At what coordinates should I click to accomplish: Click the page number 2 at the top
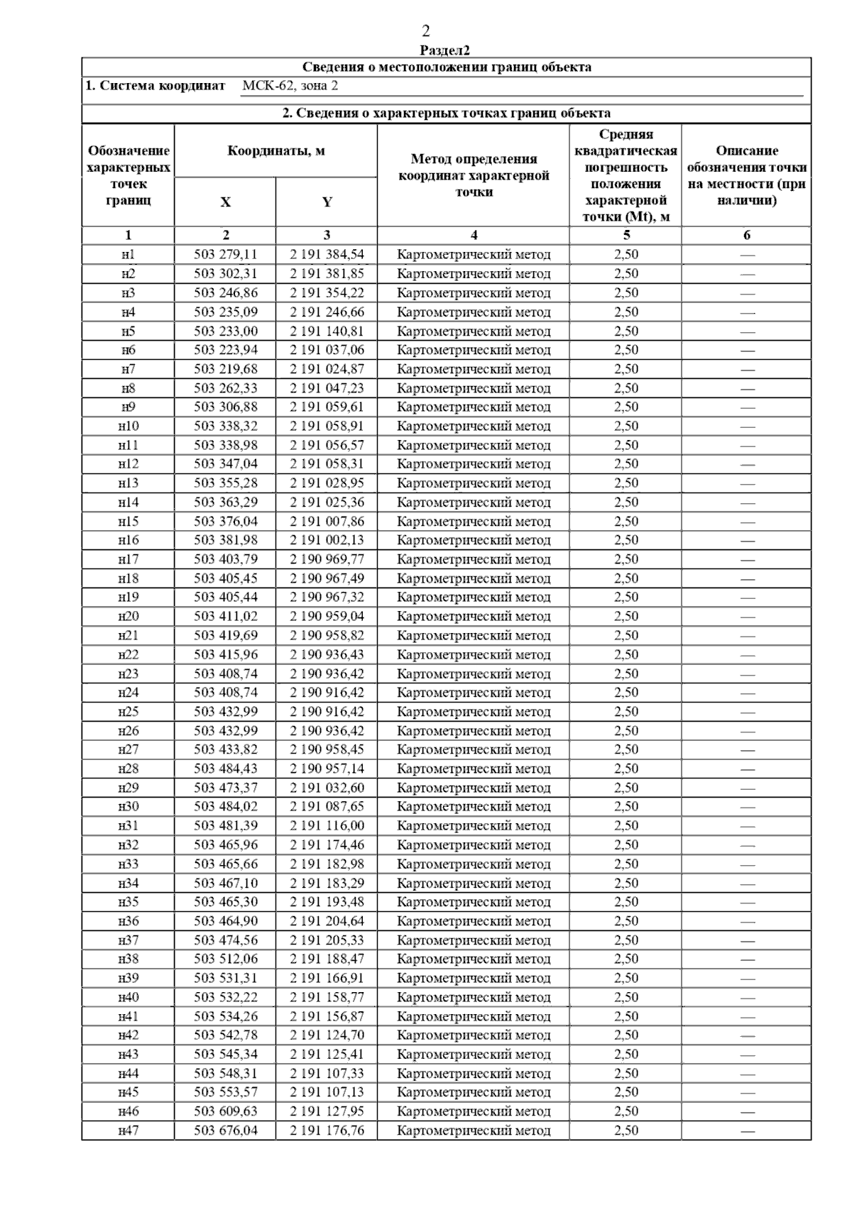point(425,31)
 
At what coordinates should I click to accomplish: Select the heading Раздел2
point(445,50)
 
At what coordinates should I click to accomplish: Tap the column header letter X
point(225,202)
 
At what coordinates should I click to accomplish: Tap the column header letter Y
point(327,202)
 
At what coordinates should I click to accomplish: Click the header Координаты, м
point(276,151)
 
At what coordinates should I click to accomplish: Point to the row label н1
point(128,255)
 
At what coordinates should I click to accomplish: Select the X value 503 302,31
point(226,274)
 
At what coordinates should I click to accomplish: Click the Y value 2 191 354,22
point(327,293)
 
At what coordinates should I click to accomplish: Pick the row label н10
point(128,426)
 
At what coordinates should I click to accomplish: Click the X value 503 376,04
point(226,521)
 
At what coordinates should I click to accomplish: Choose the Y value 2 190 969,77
point(327,559)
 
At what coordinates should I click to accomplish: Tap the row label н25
point(128,712)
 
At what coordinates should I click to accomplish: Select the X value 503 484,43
point(226,769)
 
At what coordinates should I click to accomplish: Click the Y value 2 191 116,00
point(327,825)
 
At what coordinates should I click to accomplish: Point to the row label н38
point(128,959)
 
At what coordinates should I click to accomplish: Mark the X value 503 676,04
point(226,1130)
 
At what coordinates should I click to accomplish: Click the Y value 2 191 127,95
point(327,1111)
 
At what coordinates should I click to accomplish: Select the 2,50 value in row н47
point(626,1130)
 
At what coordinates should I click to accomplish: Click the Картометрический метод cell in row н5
point(474,331)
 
